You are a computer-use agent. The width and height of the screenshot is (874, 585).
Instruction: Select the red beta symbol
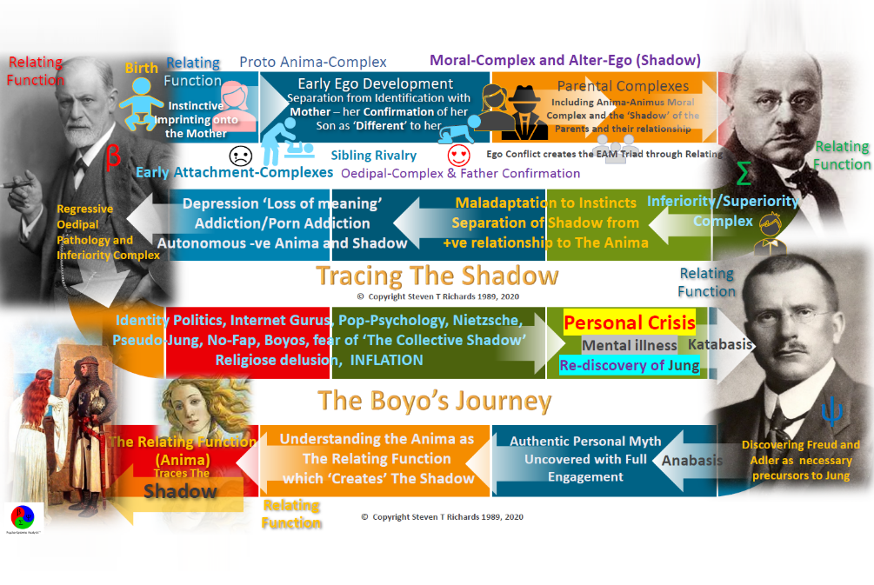(x=113, y=157)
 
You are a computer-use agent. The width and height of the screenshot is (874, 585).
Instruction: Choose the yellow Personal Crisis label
(x=630, y=323)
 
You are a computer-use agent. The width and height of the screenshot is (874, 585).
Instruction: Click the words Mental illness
(x=630, y=345)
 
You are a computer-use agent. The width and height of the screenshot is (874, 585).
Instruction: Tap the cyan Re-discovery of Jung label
(x=630, y=365)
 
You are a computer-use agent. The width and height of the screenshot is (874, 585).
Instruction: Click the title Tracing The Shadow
(x=437, y=276)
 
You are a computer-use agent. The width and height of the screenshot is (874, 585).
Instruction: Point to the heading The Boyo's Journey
(x=434, y=401)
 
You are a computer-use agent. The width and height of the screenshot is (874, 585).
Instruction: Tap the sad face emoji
(x=241, y=156)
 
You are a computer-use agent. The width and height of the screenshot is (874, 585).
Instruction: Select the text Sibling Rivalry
(x=373, y=156)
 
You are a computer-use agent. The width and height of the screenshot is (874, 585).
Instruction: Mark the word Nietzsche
(x=488, y=320)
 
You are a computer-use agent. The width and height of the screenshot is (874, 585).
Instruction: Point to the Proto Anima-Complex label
(x=313, y=63)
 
